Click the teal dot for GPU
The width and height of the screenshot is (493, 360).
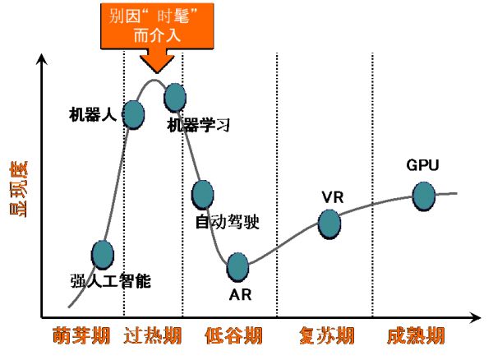point(423,196)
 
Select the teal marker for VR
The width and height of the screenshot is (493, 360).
point(329,224)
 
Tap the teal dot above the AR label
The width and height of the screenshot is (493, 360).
point(237,266)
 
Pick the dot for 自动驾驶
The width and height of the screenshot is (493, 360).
point(202,195)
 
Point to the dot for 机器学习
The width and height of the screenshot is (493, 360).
point(174,98)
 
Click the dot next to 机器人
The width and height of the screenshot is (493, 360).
point(134,115)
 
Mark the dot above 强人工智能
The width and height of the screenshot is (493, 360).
point(102,255)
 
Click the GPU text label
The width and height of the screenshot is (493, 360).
point(422,165)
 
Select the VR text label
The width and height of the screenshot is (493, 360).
point(332,197)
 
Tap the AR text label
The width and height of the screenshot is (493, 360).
point(237,293)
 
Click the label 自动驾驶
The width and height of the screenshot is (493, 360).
point(227,221)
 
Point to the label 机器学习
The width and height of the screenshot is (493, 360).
point(198,126)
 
